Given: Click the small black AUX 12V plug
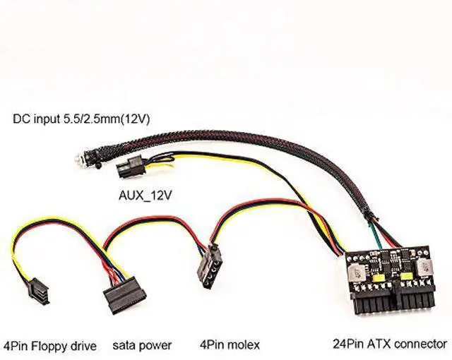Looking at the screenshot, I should pyautogui.click(x=128, y=170).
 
